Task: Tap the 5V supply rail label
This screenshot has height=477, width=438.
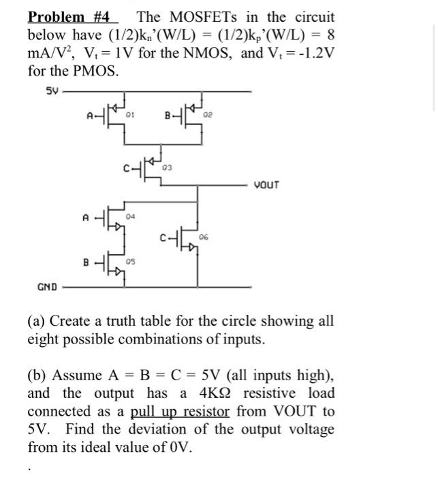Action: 52,89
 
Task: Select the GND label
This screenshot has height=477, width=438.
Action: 47,288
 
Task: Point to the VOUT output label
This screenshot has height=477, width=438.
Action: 266,185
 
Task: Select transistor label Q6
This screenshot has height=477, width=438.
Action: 204,236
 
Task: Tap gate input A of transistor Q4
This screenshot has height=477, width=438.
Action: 86,218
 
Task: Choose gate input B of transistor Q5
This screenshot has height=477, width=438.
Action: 86,262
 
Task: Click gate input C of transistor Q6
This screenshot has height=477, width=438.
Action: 162,238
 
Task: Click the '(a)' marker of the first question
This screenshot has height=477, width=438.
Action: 37,321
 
